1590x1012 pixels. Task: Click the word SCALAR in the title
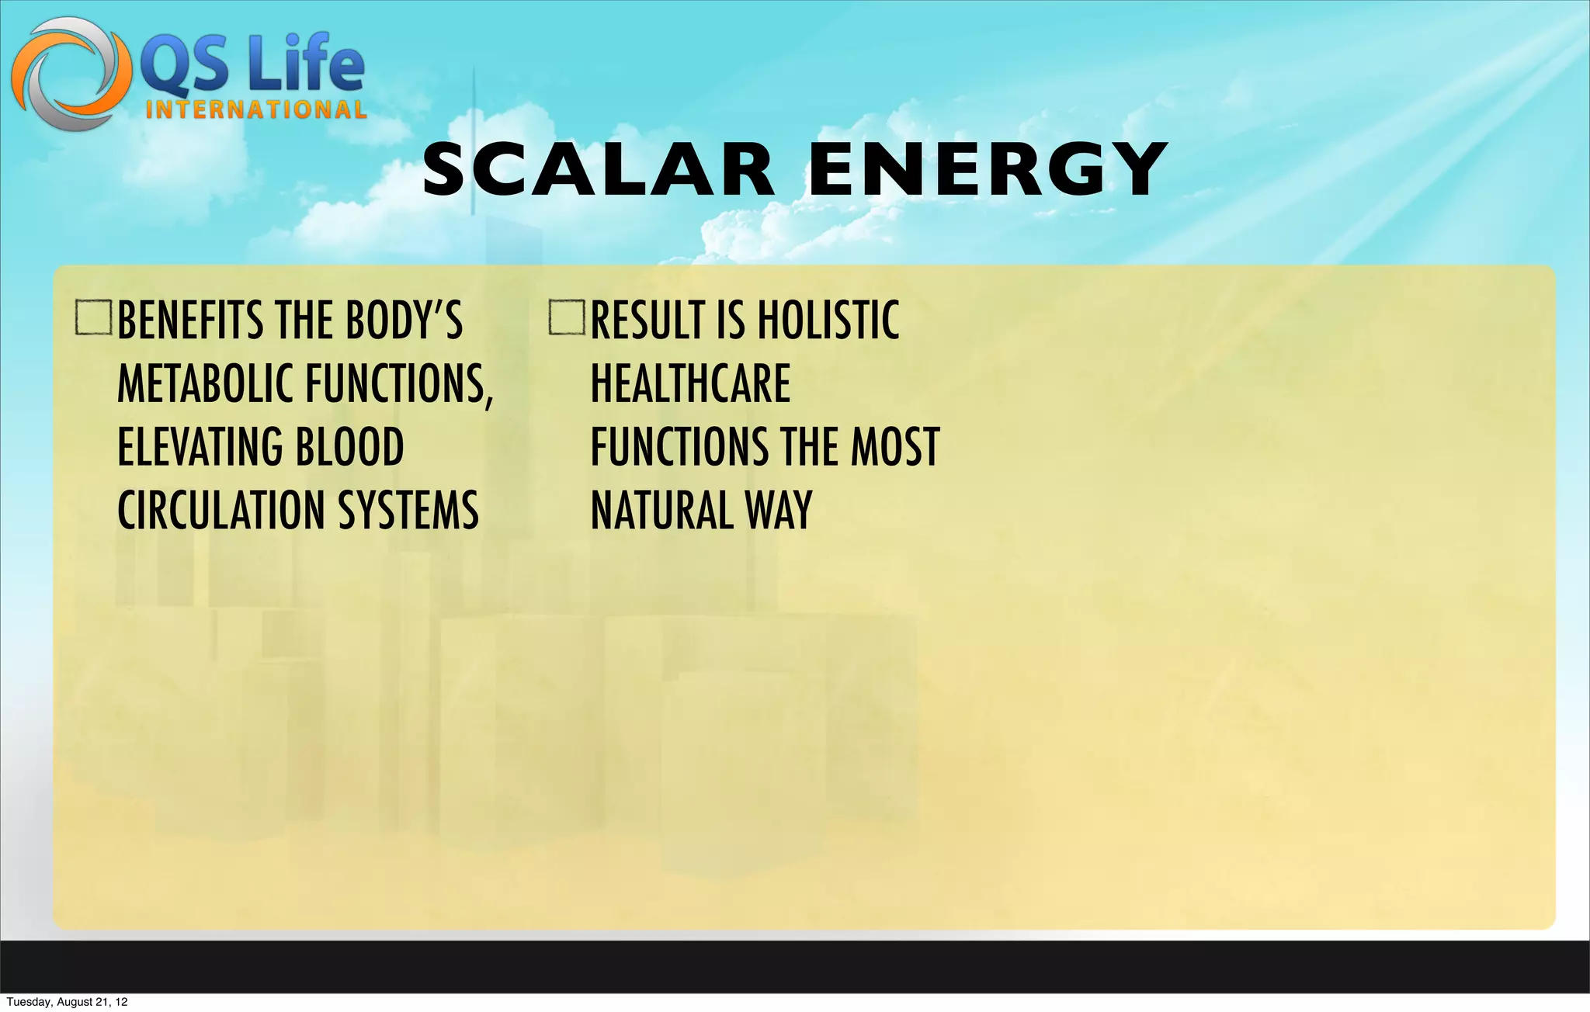599,170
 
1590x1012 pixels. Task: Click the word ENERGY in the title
988,170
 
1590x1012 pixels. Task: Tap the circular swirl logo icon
71,74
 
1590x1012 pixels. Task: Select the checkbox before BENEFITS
94,318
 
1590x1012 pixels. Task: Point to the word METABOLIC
207,384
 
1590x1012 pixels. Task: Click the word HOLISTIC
828,321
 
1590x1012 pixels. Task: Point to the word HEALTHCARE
690,384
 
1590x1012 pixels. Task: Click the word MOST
895,448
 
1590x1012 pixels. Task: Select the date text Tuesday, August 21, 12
67,1002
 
